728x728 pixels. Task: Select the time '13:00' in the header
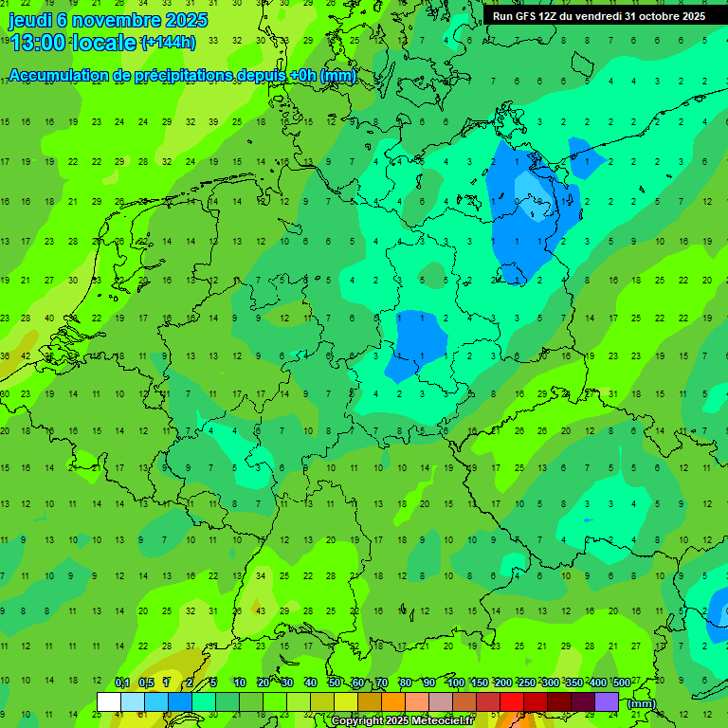coord(37,43)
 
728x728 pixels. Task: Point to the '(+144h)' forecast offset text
coord(168,43)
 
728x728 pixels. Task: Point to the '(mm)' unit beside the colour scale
coord(642,702)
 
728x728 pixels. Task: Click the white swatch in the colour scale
coord(109,701)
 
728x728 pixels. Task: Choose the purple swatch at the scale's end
coord(607,701)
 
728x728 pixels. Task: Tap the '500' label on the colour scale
coord(622,683)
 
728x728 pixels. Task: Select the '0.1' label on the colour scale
coord(122,683)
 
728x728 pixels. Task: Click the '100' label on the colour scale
coord(455,683)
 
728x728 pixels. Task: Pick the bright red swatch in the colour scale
coord(512,701)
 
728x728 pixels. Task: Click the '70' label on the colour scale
coord(382,683)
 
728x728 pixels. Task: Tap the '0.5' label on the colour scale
coord(146,683)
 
